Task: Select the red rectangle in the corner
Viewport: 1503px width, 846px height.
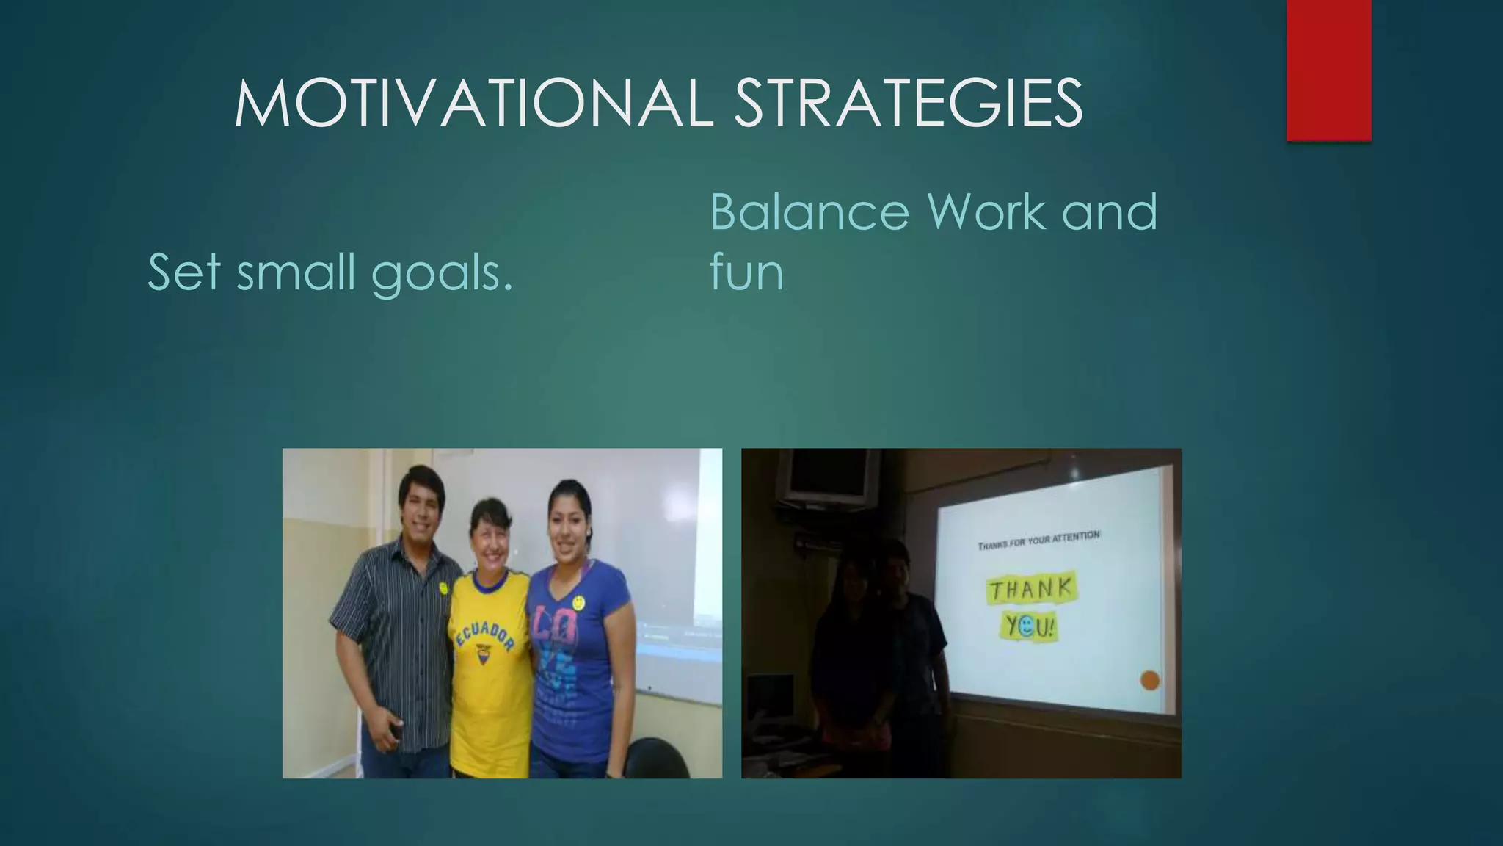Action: point(1328,70)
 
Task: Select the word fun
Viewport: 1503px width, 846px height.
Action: point(746,273)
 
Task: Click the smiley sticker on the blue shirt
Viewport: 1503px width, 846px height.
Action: point(580,602)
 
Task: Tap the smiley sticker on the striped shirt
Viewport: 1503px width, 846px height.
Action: point(443,587)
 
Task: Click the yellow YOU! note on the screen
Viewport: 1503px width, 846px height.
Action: point(1030,626)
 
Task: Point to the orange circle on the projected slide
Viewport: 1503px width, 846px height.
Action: point(1150,680)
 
